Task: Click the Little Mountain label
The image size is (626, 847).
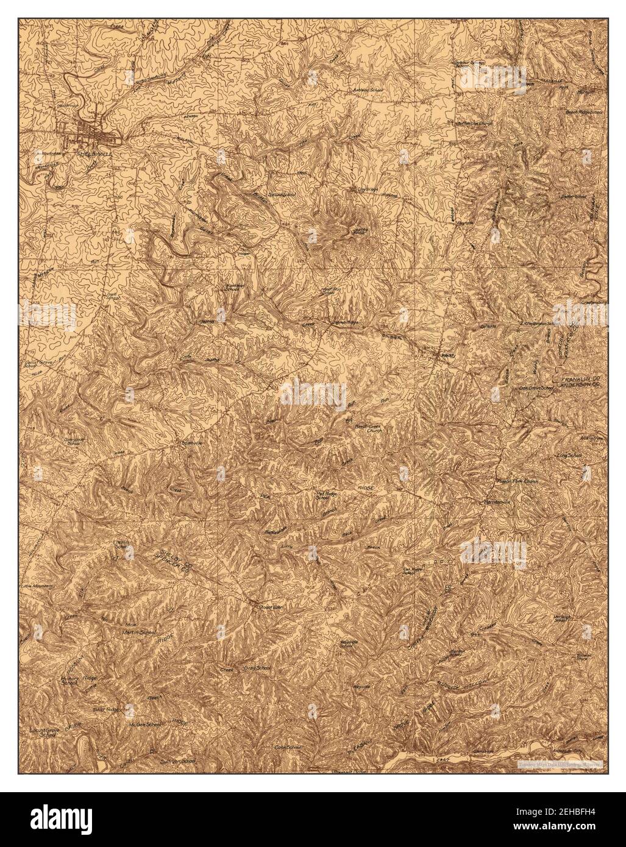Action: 37,585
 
